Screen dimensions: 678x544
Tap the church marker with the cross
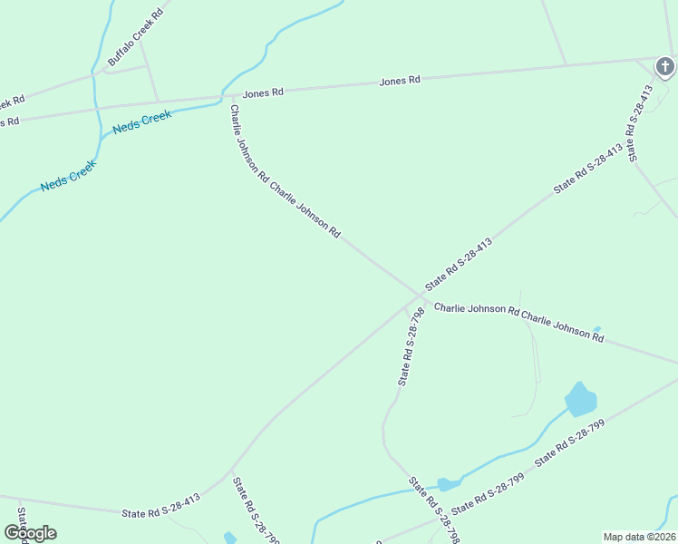click(x=665, y=66)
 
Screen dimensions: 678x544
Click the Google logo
click(x=30, y=533)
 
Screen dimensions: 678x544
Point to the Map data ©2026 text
click(x=639, y=536)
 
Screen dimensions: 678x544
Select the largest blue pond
click(x=580, y=399)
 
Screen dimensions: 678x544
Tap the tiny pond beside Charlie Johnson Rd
click(x=596, y=329)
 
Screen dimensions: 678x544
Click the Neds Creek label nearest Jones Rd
click(x=142, y=121)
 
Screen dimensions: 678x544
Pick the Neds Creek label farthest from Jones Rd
click(x=68, y=177)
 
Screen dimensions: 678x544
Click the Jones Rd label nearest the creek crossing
click(x=263, y=92)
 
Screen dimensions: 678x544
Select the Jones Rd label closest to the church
click(x=400, y=82)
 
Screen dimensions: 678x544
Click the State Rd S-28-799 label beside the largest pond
click(x=569, y=443)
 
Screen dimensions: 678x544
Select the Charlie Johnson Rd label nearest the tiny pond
click(x=564, y=328)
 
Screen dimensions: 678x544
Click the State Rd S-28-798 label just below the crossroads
click(x=412, y=346)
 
